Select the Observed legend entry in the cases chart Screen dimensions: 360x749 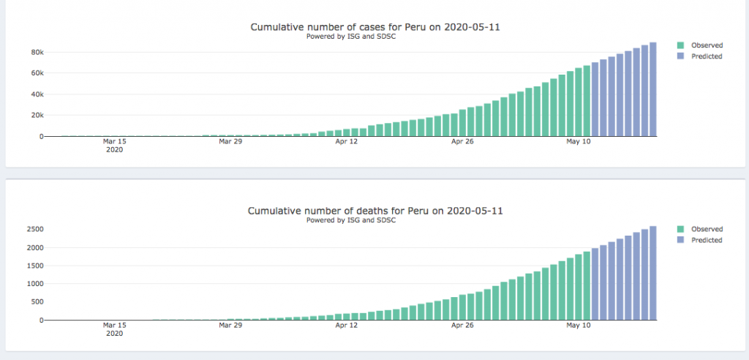coord(707,45)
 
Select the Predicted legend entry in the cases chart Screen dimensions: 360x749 coord(707,56)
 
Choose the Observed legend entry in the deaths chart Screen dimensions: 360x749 coord(707,229)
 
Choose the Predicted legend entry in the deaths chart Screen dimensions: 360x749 coord(707,240)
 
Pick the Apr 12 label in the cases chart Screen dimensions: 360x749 coord(346,141)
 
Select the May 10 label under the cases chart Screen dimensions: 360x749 coord(579,141)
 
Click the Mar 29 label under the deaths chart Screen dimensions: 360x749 coord(230,325)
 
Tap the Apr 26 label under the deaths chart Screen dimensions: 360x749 coord(462,325)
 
